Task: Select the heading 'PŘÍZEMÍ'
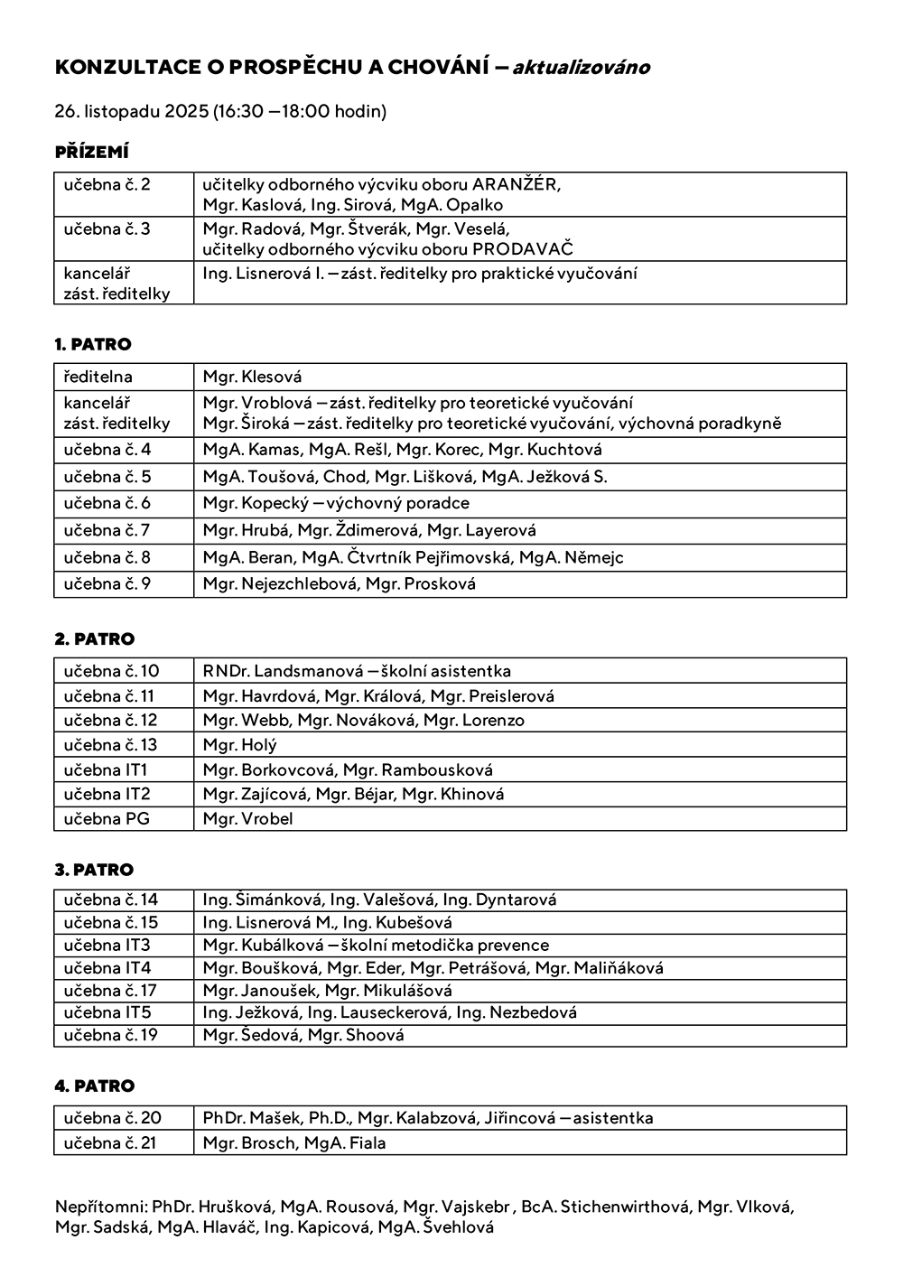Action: click(91, 152)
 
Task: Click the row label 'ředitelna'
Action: click(98, 377)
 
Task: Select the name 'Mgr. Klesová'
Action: click(252, 377)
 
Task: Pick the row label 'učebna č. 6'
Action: click(107, 503)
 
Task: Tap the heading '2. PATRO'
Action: click(94, 638)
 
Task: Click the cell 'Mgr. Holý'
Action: click(239, 745)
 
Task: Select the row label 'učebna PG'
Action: click(107, 819)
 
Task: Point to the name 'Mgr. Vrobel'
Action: click(247, 819)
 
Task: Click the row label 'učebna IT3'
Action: click(107, 946)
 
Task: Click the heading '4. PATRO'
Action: click(94, 1086)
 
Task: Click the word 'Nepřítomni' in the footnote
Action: click(100, 1207)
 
